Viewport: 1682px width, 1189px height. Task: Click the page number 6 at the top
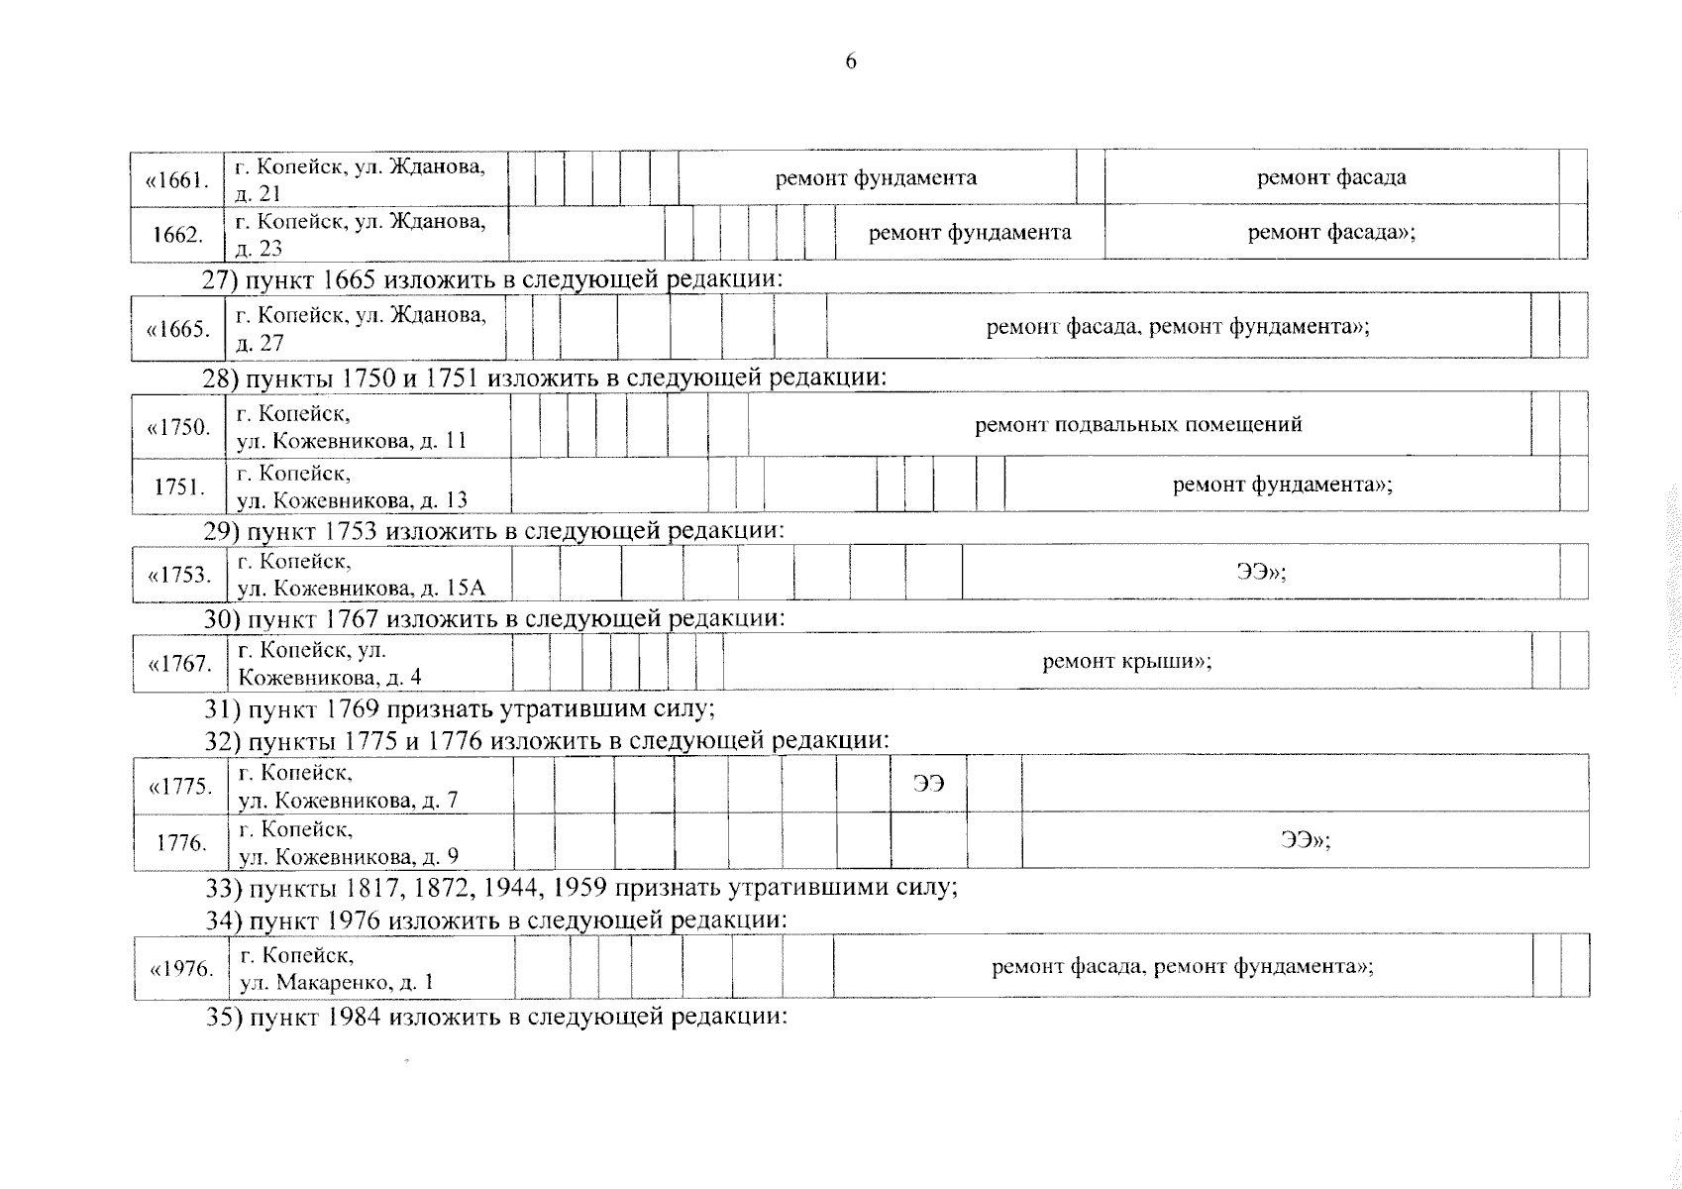click(x=851, y=62)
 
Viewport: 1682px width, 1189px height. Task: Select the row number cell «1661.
click(x=177, y=179)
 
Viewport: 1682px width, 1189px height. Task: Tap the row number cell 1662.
click(x=178, y=235)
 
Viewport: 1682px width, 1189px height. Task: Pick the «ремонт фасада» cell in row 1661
click(x=1330, y=178)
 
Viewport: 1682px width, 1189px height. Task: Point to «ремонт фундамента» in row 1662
click(x=969, y=233)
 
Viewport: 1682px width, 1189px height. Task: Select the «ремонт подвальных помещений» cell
click(x=1138, y=425)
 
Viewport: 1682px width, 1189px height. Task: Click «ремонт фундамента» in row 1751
click(x=1282, y=485)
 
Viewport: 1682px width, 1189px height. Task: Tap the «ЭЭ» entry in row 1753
click(x=1260, y=572)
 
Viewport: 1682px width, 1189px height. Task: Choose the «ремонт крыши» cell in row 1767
click(x=1126, y=661)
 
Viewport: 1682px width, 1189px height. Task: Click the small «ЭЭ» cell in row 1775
click(x=928, y=784)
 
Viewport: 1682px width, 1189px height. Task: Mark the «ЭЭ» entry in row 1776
click(x=1304, y=840)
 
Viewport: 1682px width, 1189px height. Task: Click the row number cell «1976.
click(x=181, y=968)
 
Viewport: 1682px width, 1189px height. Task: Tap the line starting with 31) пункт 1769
click(x=460, y=709)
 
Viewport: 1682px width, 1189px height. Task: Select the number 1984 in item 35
click(x=350, y=1018)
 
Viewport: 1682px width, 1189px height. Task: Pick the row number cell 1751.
click(x=179, y=486)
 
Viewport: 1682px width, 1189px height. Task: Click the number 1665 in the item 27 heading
click(x=347, y=280)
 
